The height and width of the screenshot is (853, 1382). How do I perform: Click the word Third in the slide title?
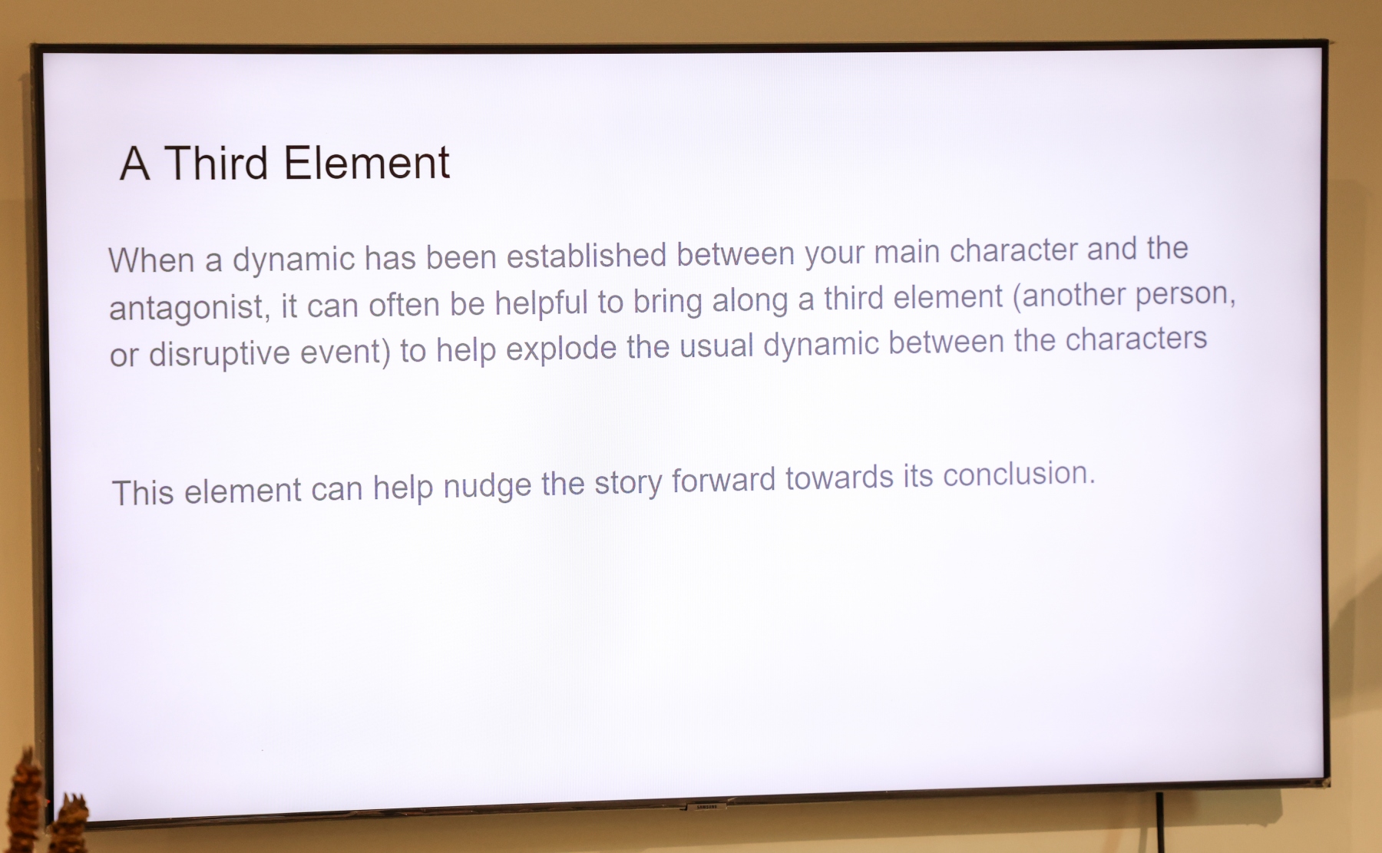216,163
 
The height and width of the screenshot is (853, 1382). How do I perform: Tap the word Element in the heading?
367,163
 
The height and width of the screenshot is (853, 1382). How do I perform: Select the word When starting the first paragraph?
151,260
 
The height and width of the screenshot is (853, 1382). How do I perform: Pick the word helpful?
541,303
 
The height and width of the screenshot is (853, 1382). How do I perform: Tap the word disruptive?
220,354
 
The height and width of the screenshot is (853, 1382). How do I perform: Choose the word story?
628,483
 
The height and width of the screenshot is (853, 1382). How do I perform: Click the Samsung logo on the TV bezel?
706,807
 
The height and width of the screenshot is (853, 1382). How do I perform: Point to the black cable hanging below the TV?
1160,822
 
